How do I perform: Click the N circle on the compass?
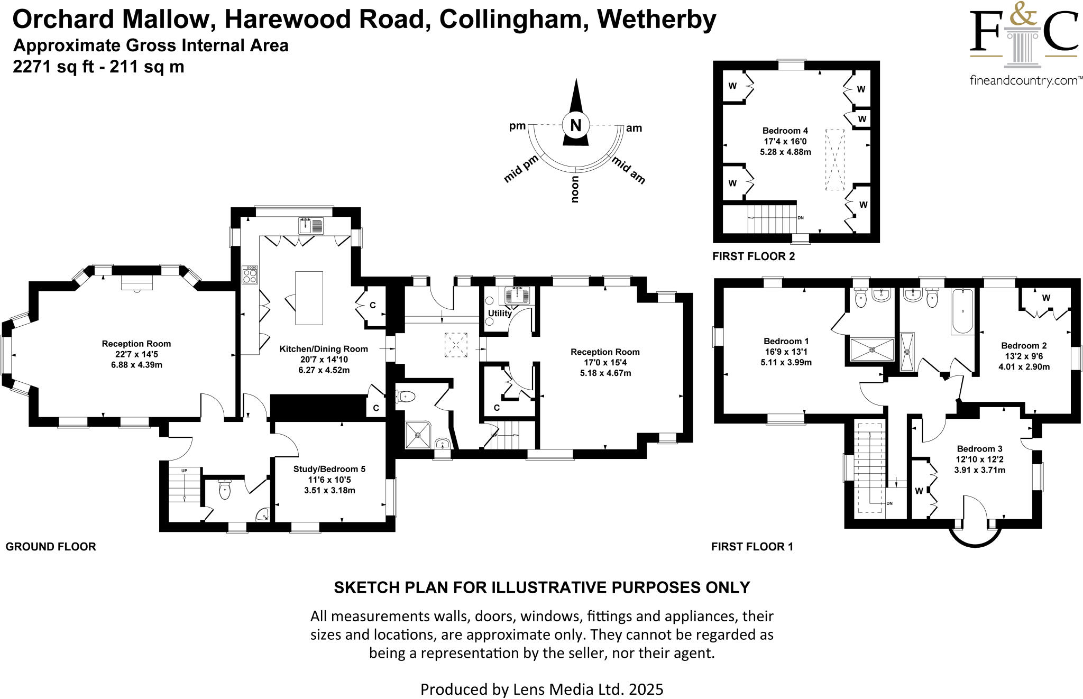576,125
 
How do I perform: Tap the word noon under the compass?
575,189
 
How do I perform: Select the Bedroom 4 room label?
785,131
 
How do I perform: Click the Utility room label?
500,313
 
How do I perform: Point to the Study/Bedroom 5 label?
329,469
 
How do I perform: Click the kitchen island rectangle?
309,298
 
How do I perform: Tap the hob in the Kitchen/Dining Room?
250,274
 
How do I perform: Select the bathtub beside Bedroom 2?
962,311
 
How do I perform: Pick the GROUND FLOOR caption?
51,547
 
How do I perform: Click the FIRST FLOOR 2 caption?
754,256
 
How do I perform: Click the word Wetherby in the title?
656,20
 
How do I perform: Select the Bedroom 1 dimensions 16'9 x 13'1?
786,352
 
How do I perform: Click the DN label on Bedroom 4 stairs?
801,217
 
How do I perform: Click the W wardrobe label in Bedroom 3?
919,491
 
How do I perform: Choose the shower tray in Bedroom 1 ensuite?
872,349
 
